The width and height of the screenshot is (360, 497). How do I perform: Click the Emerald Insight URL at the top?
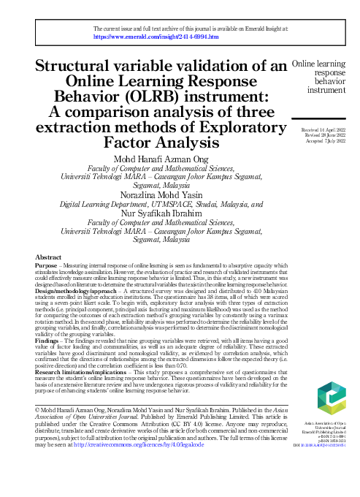tap(156, 35)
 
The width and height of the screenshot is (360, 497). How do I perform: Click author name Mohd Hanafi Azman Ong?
tap(161, 160)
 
